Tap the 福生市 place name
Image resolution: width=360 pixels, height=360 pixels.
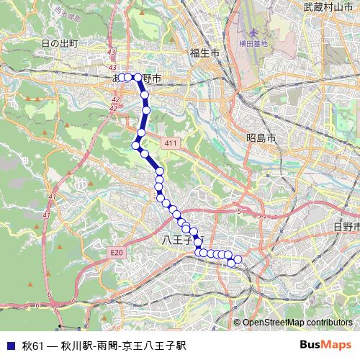coord(204,53)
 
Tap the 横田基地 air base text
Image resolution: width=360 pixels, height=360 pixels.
coord(253,43)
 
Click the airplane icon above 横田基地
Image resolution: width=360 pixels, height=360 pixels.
coord(253,33)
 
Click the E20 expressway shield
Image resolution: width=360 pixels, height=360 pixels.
coord(117,252)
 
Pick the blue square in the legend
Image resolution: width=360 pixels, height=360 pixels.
coord(10,346)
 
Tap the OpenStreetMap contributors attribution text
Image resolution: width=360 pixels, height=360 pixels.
coord(297,323)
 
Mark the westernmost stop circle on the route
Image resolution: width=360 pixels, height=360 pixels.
coord(122,77)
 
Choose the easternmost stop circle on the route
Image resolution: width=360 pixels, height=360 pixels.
coord(238,259)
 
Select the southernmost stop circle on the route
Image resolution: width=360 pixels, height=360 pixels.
coord(231,263)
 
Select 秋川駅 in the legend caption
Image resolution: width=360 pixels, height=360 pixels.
coord(74,346)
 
